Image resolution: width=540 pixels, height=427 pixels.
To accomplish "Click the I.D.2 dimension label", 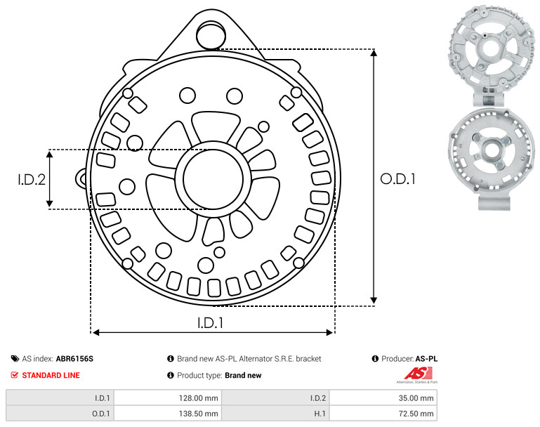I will coord(32,179).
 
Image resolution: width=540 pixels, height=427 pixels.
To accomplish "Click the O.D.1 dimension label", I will coord(398,179).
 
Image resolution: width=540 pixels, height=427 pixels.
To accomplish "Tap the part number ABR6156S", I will coord(74,358).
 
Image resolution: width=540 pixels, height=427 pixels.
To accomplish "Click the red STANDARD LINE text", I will coord(51,375).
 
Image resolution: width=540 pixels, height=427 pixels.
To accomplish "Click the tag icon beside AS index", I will coord(15,358).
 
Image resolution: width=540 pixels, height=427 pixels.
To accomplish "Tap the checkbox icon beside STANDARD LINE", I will coord(15,375).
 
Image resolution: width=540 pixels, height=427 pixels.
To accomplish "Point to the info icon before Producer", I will coord(375,358).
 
